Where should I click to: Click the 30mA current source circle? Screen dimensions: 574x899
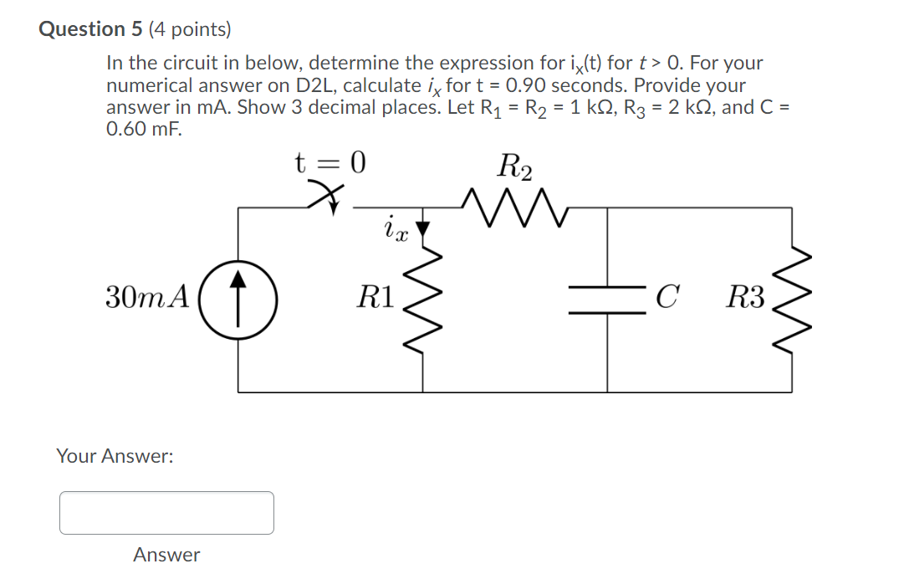[240, 297]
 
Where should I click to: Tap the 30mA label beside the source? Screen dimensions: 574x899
[148, 297]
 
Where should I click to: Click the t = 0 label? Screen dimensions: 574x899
[330, 161]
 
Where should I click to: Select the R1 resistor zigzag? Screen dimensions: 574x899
[423, 297]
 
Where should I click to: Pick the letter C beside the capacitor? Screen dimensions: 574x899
[666, 297]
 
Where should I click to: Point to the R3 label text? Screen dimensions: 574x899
[745, 297]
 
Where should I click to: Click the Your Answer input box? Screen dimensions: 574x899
[166, 513]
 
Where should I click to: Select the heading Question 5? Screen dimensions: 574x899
[91, 29]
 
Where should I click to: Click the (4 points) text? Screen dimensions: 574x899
[189, 29]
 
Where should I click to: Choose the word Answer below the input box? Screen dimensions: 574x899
[166, 555]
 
